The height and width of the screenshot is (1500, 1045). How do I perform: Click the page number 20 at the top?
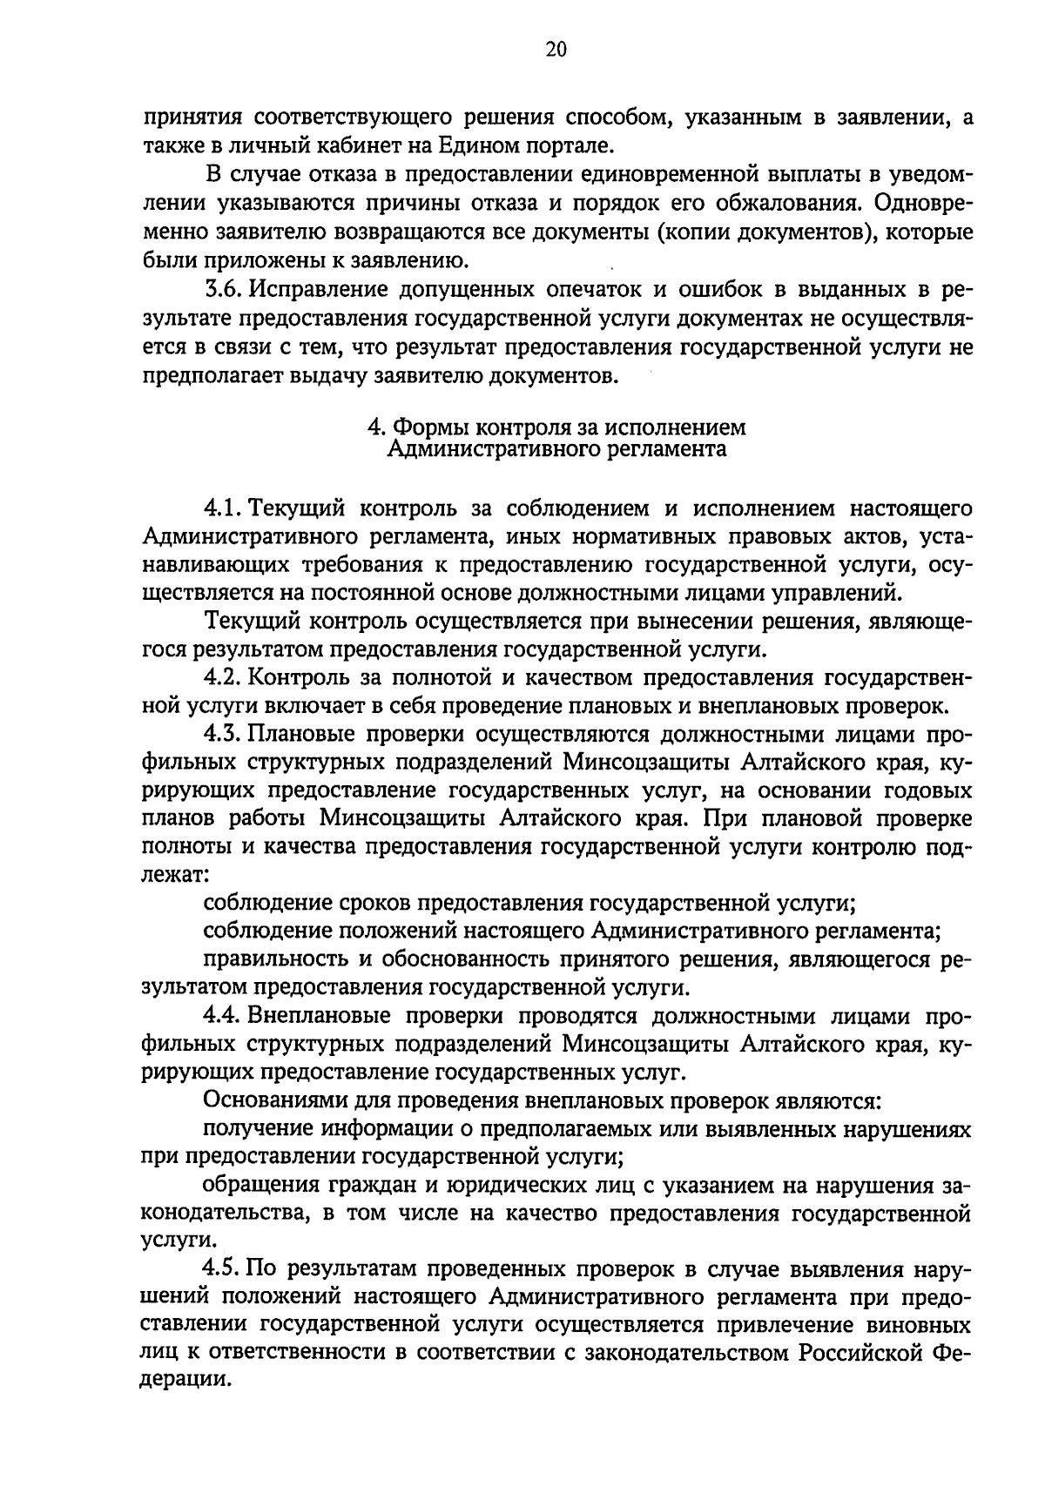[556, 50]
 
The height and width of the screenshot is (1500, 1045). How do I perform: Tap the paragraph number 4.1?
[223, 508]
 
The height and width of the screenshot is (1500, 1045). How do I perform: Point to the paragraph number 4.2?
[224, 677]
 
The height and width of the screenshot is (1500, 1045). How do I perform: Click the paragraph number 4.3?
[224, 735]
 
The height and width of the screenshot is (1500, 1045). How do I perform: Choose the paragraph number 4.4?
[224, 1016]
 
